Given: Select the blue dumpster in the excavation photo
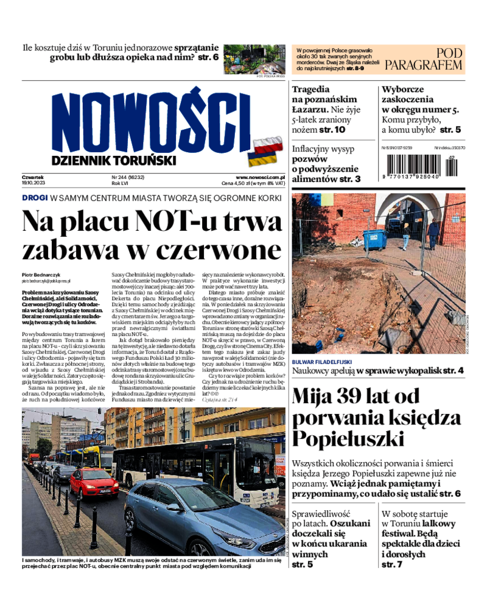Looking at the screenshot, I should (374, 239).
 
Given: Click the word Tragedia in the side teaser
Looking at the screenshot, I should (311, 89).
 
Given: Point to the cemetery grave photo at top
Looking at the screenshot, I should (254, 60).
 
